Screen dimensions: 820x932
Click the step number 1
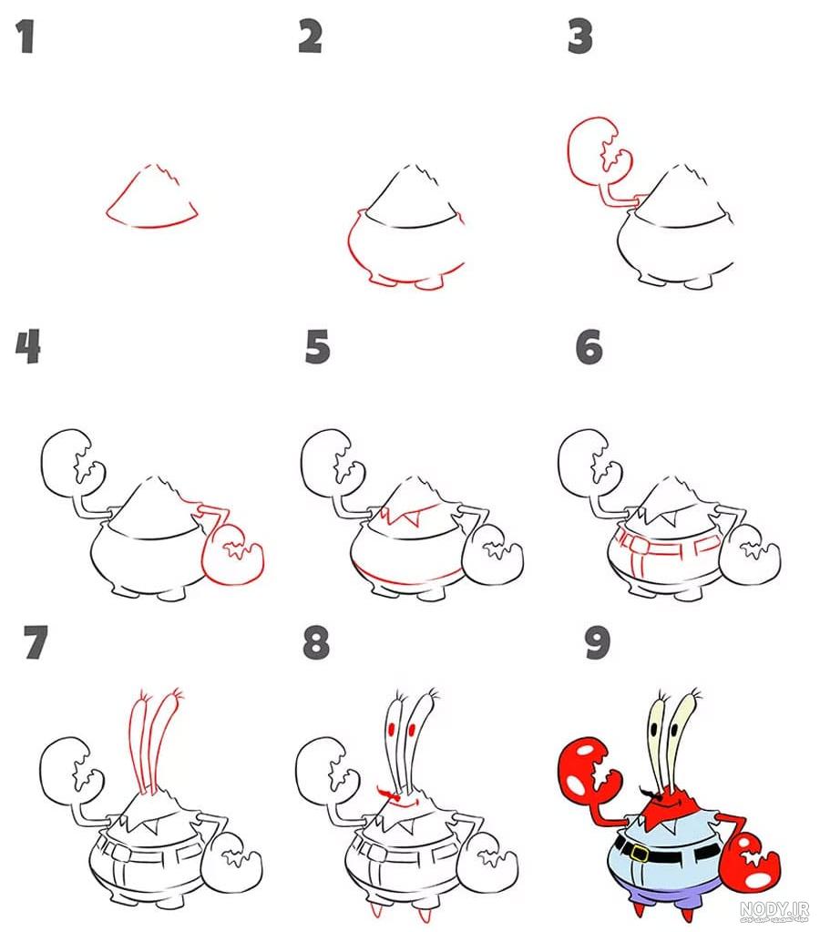[x=25, y=36]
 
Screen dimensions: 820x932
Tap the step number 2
[x=311, y=36]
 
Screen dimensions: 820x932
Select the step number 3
[x=579, y=36]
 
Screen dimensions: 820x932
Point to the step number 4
[x=28, y=347]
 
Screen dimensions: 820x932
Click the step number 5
[x=318, y=347]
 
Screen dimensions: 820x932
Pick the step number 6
[x=589, y=347]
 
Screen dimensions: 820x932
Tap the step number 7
[x=36, y=642]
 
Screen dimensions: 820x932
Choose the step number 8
[x=316, y=642]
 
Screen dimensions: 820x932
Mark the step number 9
[x=597, y=642]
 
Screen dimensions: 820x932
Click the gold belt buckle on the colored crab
[x=640, y=854]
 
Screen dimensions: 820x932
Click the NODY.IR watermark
[x=774, y=910]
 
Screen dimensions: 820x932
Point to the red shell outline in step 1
[x=152, y=197]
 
